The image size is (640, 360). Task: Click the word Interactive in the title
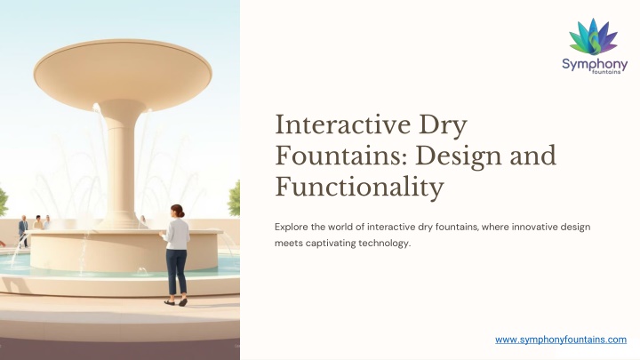pos(343,124)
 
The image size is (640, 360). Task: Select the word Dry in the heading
pos(443,125)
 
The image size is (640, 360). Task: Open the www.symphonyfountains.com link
pos(561,340)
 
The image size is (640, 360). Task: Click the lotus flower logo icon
pos(594,36)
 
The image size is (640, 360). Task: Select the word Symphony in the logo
pos(595,65)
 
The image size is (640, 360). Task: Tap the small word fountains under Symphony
pos(606,72)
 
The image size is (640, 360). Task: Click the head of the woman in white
pos(178,211)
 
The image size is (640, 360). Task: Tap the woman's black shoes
pos(176,302)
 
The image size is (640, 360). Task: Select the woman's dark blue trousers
pos(176,272)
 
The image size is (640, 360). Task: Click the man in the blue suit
pos(24,230)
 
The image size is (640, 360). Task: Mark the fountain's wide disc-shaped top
pos(123,74)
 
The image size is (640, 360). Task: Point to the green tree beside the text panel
pos(234,198)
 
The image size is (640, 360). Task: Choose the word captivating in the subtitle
pos(331,244)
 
